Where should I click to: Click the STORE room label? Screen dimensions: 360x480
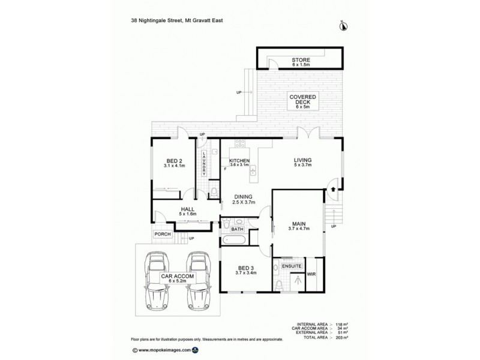pyautogui.click(x=301, y=60)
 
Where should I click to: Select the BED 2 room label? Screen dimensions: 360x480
pyautogui.click(x=174, y=160)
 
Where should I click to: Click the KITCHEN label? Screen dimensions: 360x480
pyautogui.click(x=239, y=161)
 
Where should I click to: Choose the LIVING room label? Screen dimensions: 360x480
pyautogui.click(x=302, y=160)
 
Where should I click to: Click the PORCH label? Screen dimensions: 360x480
pyautogui.click(x=162, y=234)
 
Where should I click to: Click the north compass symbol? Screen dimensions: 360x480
pyautogui.click(x=344, y=24)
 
